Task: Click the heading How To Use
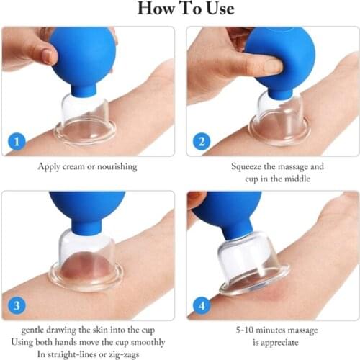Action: tap(179, 10)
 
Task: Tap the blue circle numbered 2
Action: tap(201, 141)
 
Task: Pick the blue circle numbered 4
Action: tap(201, 305)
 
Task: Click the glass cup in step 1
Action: tap(85, 119)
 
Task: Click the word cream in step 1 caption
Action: tap(77, 166)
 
